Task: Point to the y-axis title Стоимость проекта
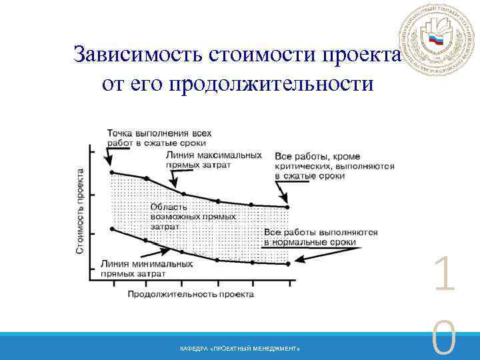[79, 210]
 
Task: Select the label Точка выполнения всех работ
[155, 137]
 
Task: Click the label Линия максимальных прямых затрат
[213, 159]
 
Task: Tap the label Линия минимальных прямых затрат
[147, 269]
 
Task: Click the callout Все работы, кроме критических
[333, 165]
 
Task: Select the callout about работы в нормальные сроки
[321, 237]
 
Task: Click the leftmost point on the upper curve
[111, 173]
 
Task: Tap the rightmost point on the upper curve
[288, 207]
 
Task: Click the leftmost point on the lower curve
[111, 229]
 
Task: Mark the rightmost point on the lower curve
[288, 264]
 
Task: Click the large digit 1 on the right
[443, 277]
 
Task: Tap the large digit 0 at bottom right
[443, 340]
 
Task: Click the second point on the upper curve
[147, 179]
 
